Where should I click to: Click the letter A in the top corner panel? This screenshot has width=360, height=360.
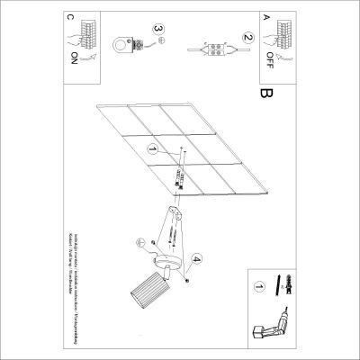[x=265, y=17]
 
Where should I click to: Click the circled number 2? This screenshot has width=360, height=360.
[x=245, y=39]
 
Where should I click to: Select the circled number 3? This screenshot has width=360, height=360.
[x=159, y=31]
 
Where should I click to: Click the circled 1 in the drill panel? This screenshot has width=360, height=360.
[x=260, y=288]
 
